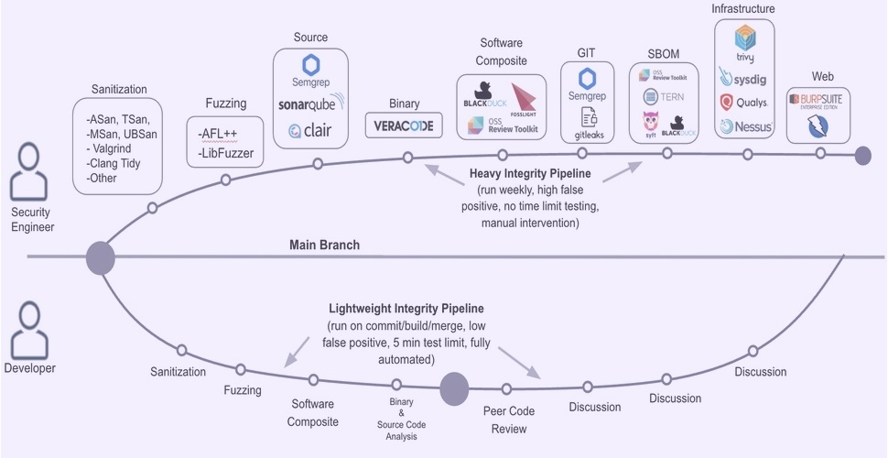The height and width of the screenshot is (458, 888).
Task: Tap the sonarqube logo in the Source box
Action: [x=313, y=104]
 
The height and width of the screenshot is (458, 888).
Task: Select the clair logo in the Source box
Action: [x=310, y=131]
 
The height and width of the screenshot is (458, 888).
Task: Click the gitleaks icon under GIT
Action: [x=588, y=122]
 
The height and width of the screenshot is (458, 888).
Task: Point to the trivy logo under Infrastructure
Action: [x=743, y=43]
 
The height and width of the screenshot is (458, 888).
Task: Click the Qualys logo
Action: [x=743, y=102]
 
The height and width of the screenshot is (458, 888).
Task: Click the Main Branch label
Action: [x=324, y=245]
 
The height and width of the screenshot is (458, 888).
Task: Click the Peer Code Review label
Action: [x=508, y=420]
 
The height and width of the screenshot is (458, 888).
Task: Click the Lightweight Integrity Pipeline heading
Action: [x=406, y=309]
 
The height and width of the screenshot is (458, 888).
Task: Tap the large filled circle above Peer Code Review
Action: [x=454, y=388]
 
